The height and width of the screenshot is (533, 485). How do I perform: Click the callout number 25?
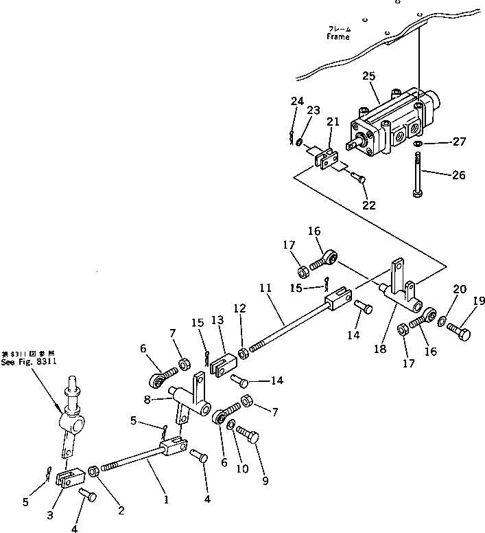(x=368, y=76)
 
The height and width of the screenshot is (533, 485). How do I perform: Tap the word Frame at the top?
(x=338, y=37)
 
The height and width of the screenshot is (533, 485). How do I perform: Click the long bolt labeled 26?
(x=418, y=176)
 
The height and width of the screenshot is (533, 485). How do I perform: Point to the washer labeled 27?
(x=418, y=144)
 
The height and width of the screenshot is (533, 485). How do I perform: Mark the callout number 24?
(x=296, y=101)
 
